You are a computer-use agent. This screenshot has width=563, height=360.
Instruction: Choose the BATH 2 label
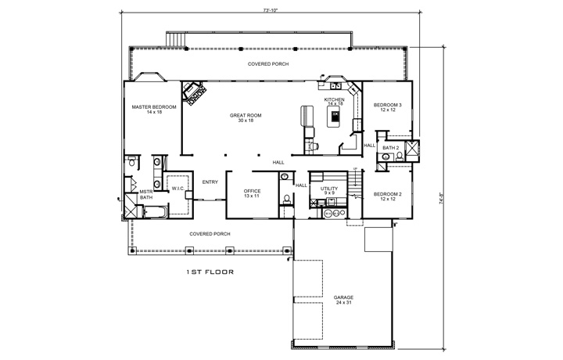pyautogui.click(x=391, y=148)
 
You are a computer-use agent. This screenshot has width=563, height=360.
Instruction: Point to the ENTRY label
pyautogui.click(x=210, y=182)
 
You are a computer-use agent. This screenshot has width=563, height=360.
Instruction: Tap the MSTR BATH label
pyautogui.click(x=145, y=195)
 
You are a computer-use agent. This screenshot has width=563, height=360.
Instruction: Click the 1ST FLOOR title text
pyautogui.click(x=210, y=272)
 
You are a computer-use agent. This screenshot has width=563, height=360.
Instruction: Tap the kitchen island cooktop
pyautogui.click(x=335, y=117)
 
